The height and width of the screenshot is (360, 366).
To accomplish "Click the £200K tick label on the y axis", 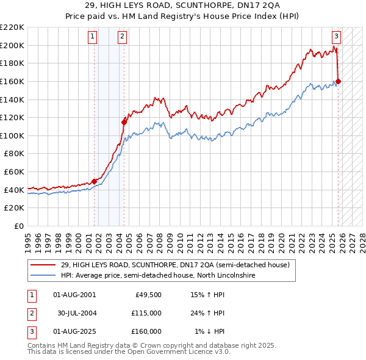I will click(x=12, y=45).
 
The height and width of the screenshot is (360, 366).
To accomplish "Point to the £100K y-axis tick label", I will click(x=12, y=135).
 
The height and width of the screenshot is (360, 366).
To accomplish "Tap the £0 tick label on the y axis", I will click(x=18, y=226).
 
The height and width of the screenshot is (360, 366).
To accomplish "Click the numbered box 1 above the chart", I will click(x=92, y=37).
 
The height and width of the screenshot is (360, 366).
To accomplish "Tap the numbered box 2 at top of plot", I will click(x=122, y=37).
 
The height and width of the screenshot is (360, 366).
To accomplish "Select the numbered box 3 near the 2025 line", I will click(x=336, y=37).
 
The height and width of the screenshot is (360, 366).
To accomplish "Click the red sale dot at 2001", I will click(x=95, y=181).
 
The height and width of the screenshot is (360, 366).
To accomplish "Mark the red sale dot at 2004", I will click(x=124, y=122).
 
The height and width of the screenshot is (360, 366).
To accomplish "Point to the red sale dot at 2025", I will click(x=339, y=81).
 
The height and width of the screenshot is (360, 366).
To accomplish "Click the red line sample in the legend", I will click(x=44, y=265).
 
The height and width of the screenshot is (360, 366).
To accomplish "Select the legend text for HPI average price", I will click(x=158, y=275).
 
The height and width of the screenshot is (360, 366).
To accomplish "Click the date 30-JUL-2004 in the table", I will click(x=76, y=313).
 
